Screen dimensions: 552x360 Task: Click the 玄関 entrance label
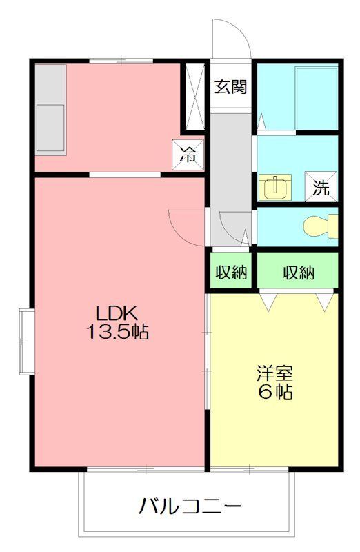coord(230,88)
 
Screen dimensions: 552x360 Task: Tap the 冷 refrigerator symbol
coord(188,155)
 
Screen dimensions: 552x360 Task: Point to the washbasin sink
coord(275,186)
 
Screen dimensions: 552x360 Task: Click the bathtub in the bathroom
coord(316,98)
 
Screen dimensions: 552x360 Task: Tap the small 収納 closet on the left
coord(230,272)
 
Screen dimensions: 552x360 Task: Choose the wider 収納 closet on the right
coord(298,272)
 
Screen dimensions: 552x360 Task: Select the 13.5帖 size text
coord(117,331)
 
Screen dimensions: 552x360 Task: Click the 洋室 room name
coord(274,374)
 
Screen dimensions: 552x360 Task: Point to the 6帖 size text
coord(274,393)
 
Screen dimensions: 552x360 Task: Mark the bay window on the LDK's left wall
coord(26,342)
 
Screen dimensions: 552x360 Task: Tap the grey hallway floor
coord(230,172)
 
